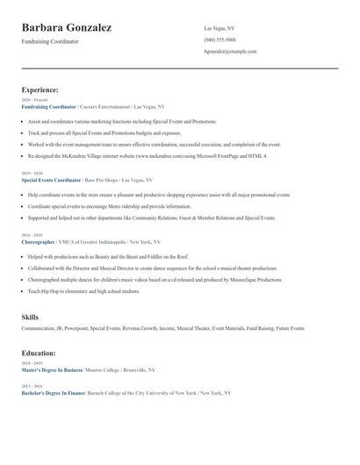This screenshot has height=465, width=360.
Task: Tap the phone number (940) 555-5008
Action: (x=220, y=39)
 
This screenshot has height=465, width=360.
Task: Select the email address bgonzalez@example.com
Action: (x=230, y=52)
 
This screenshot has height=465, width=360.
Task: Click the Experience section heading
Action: (x=40, y=89)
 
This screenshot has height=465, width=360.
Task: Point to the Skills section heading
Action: (x=30, y=316)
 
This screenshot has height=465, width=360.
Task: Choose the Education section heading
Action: (x=39, y=353)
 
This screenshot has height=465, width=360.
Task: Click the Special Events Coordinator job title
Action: (x=51, y=180)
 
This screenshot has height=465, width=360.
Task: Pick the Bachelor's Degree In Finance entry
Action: (x=54, y=393)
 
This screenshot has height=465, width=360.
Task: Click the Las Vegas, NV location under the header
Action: (x=220, y=28)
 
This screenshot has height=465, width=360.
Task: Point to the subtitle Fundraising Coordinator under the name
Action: (x=50, y=41)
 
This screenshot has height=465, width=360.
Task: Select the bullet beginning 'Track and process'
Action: (x=104, y=132)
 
